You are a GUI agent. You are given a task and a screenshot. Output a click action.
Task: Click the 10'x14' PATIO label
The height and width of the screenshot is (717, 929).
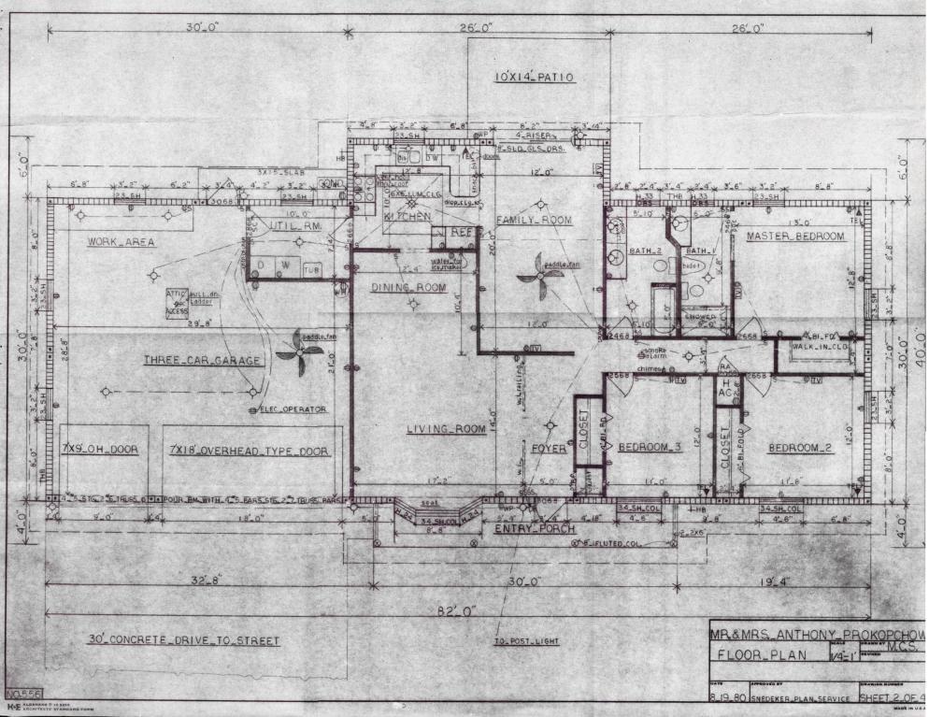tap(535, 78)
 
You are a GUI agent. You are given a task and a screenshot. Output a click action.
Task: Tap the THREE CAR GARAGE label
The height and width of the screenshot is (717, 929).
tap(202, 360)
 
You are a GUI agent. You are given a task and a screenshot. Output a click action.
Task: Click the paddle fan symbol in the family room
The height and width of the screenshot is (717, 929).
tap(540, 272)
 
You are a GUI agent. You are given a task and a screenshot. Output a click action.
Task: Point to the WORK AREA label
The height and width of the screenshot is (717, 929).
tap(121, 241)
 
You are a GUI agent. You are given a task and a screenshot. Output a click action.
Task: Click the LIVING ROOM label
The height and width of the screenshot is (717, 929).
tap(446, 429)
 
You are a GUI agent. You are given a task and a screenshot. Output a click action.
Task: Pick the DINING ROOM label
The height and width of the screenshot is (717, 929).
tap(407, 287)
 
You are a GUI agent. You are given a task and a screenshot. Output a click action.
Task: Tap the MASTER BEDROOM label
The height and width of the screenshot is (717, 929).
tap(795, 237)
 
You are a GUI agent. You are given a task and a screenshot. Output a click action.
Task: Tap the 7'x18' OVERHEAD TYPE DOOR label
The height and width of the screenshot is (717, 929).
tap(249, 451)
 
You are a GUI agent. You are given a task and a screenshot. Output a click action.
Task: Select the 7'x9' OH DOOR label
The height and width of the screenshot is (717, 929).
tap(99, 450)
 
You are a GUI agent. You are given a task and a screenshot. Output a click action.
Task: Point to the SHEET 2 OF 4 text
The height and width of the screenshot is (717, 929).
tap(889, 697)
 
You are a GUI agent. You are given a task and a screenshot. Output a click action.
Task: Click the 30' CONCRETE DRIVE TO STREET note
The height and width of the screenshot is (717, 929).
tap(184, 640)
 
